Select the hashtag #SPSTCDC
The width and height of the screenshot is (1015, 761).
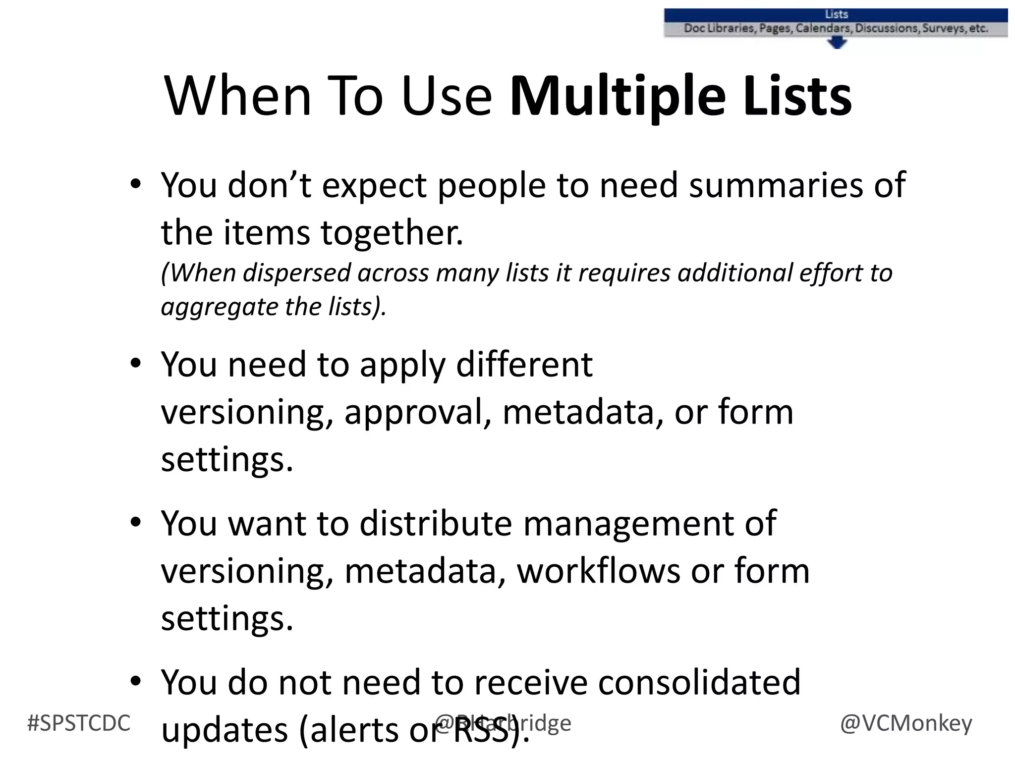[79, 723]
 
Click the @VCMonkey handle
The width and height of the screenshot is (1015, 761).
[906, 723]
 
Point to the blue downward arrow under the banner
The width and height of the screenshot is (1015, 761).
[837, 44]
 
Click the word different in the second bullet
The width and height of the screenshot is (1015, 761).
[524, 365]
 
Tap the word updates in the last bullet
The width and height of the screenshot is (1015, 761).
[225, 730]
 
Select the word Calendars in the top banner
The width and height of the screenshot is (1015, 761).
[824, 28]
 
